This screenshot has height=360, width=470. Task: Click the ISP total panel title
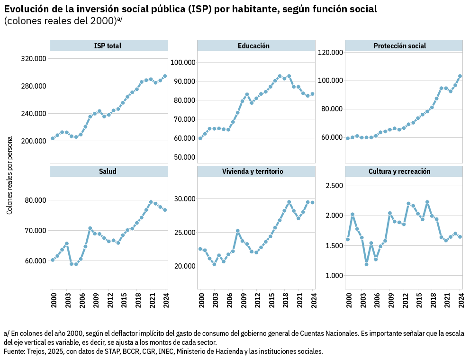tap(108, 46)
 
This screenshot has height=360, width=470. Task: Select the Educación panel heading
tap(254, 46)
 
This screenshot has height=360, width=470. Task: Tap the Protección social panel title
tap(399, 46)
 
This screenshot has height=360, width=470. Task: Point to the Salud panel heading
tap(108, 171)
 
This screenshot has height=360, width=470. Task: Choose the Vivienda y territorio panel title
tap(253, 171)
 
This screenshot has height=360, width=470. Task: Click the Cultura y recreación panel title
tap(399, 171)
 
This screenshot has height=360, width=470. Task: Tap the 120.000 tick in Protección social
tap(330, 52)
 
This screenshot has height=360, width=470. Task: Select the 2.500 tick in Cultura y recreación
tap(334, 186)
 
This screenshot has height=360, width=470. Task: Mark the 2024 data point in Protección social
tap(460, 76)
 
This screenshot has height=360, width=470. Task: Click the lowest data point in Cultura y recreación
tap(366, 264)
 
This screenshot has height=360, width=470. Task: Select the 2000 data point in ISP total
tap(53, 138)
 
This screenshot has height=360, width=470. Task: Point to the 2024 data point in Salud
tap(165, 210)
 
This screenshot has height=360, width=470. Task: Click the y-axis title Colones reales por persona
tap(9, 175)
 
